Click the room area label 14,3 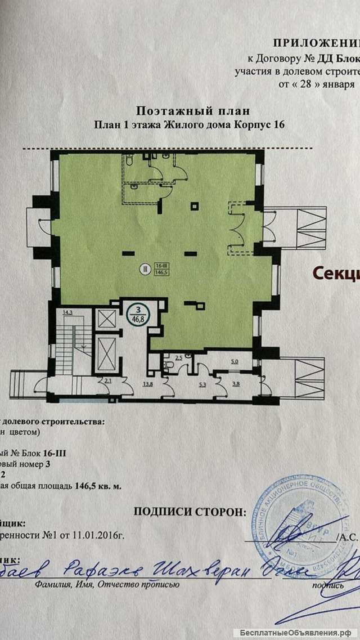(x=67, y=311)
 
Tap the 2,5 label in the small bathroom (x=179, y=357)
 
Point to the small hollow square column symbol (x=194, y=207)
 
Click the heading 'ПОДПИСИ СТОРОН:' (x=189, y=511)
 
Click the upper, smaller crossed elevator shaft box (x=106, y=319)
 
